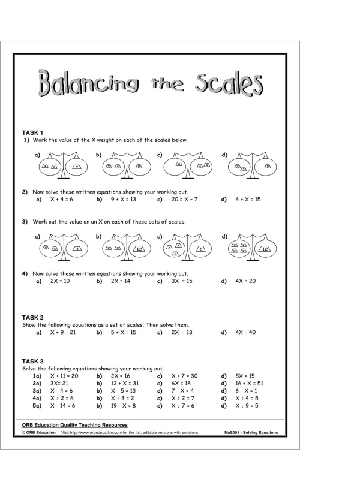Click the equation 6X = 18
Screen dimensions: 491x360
pos(181,383)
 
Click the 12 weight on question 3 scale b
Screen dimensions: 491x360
pos(137,249)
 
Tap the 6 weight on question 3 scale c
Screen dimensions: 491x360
pos(201,249)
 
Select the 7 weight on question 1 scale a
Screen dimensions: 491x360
pos(77,166)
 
